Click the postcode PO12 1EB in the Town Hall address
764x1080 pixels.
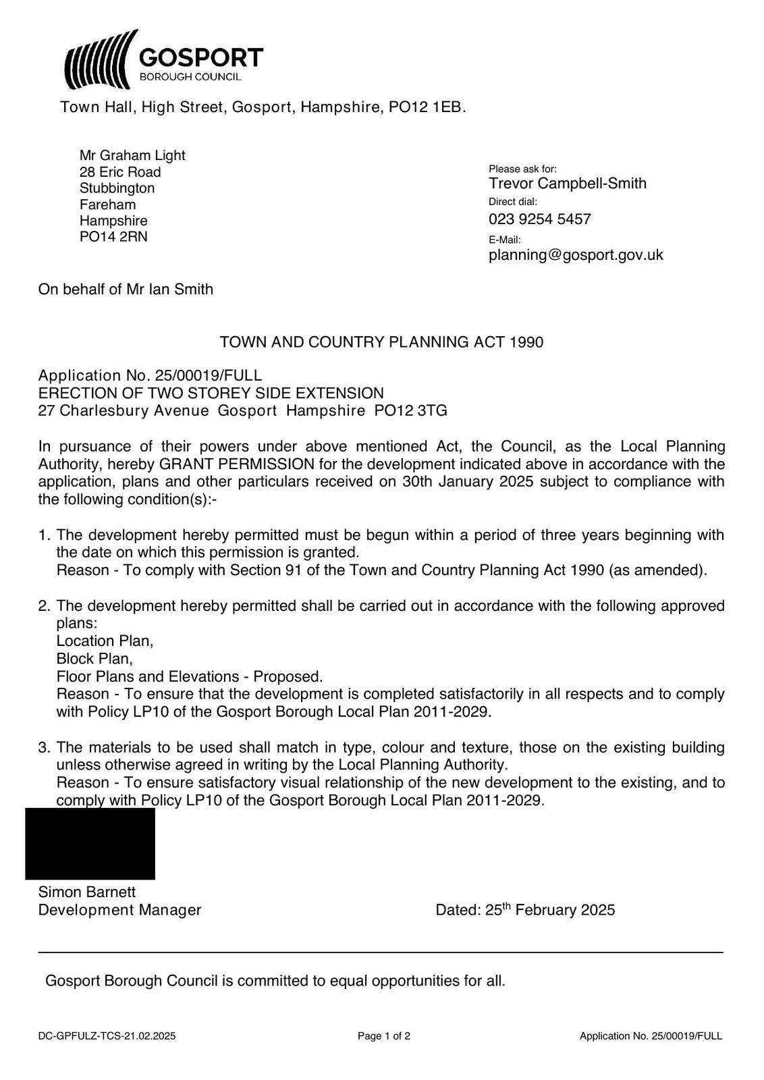(427, 107)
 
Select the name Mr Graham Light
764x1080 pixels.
(132, 156)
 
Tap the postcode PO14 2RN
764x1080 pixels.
(113, 237)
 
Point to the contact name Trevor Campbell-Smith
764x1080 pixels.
(567, 184)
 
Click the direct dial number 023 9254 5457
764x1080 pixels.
(539, 219)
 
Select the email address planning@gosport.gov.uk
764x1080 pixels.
(576, 255)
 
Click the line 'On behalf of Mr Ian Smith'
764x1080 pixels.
(126, 290)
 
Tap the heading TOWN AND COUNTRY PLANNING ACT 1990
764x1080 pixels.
(381, 342)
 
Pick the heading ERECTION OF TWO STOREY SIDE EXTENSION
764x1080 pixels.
(211, 394)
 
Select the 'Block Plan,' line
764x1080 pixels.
(94, 659)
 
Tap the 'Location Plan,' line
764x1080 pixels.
(105, 641)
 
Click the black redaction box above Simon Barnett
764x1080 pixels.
(90, 844)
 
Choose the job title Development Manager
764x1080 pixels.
(119, 910)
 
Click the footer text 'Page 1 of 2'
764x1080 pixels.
(383, 1036)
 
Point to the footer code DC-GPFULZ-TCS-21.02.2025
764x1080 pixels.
(107, 1036)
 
